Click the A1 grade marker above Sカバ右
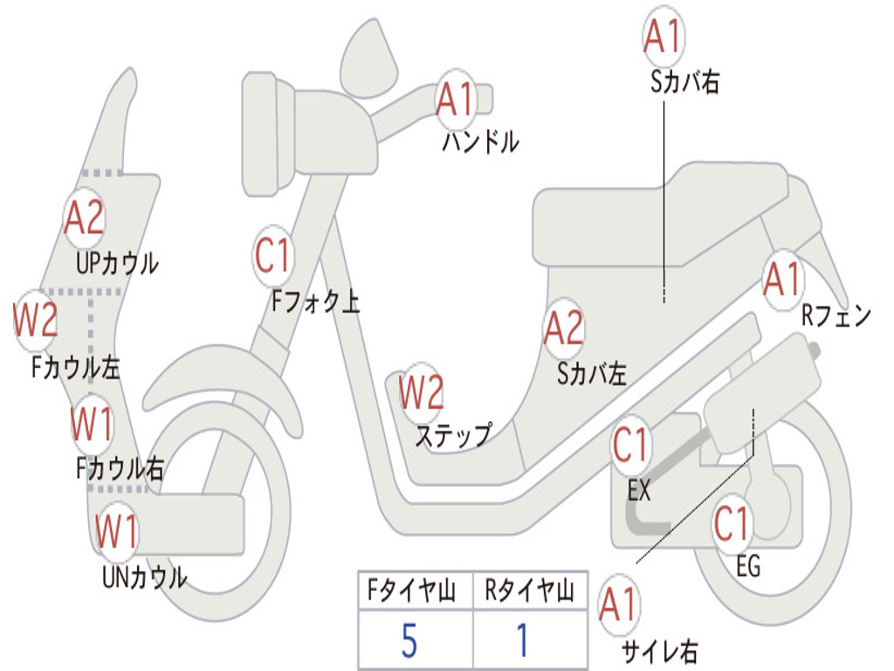(x=664, y=36)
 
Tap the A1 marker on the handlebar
(x=456, y=100)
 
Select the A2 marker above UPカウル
(x=85, y=218)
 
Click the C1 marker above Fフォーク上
(x=273, y=256)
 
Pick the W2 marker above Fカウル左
(x=35, y=320)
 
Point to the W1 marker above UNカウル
(x=116, y=530)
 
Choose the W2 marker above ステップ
(x=422, y=392)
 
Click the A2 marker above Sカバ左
(x=564, y=329)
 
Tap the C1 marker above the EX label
(x=630, y=446)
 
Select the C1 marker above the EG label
(x=732, y=523)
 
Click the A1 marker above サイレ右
(x=618, y=605)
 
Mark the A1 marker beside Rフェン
(x=783, y=280)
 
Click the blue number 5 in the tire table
(x=409, y=640)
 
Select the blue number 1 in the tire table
(x=522, y=640)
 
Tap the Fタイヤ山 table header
(x=412, y=591)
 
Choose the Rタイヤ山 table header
(x=529, y=591)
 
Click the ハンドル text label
(x=481, y=142)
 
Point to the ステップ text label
(x=454, y=435)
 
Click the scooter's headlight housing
(x=268, y=135)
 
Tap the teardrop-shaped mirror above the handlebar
(x=368, y=59)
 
